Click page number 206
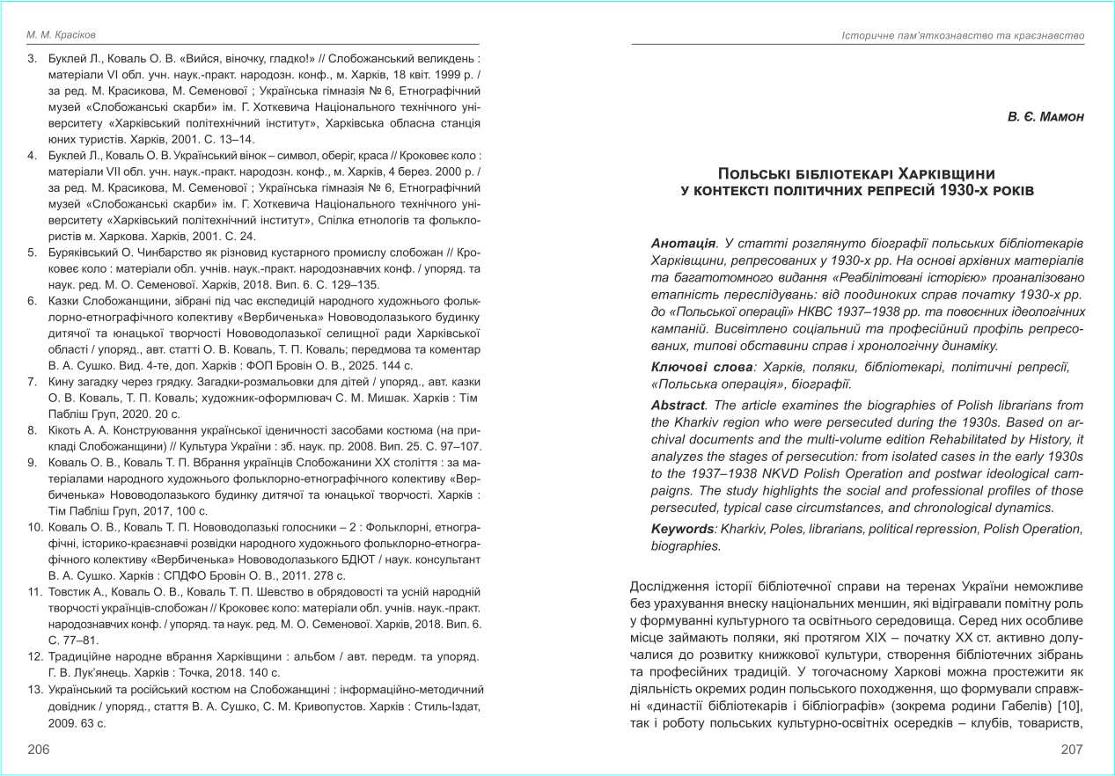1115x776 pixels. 39,749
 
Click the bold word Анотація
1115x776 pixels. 683,243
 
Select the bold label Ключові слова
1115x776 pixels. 701,366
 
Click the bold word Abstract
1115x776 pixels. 678,406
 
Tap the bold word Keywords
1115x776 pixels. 683,529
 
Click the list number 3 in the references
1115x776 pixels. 33,59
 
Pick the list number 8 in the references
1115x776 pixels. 33,430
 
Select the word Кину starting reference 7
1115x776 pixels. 65,382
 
